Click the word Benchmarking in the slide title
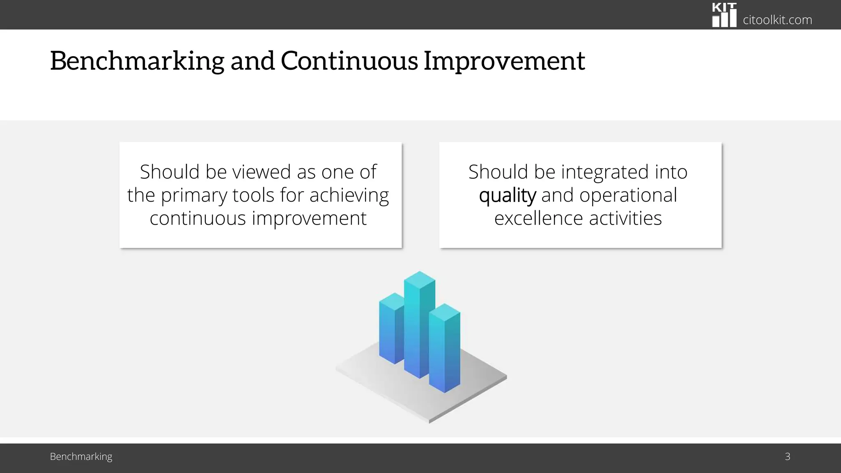click(137, 61)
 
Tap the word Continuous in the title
click(349, 61)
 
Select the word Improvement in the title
click(504, 61)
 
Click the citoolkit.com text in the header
click(777, 20)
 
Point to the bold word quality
click(507, 195)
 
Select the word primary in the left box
click(194, 195)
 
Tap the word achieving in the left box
click(349, 195)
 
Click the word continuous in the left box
click(198, 218)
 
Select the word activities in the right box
click(625, 218)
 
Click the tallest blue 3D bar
click(419, 324)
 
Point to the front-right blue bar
click(445, 349)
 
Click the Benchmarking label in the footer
click(81, 457)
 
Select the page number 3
click(787, 457)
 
